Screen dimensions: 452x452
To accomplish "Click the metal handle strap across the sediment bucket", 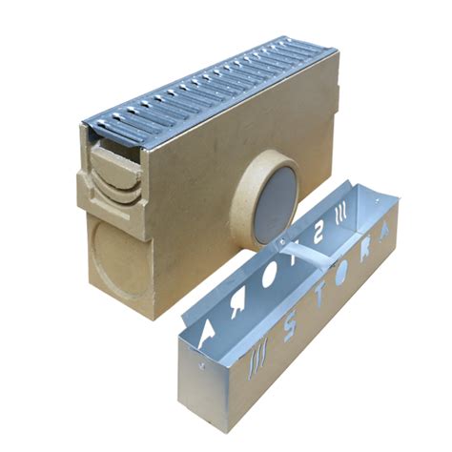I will [x=287, y=252].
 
